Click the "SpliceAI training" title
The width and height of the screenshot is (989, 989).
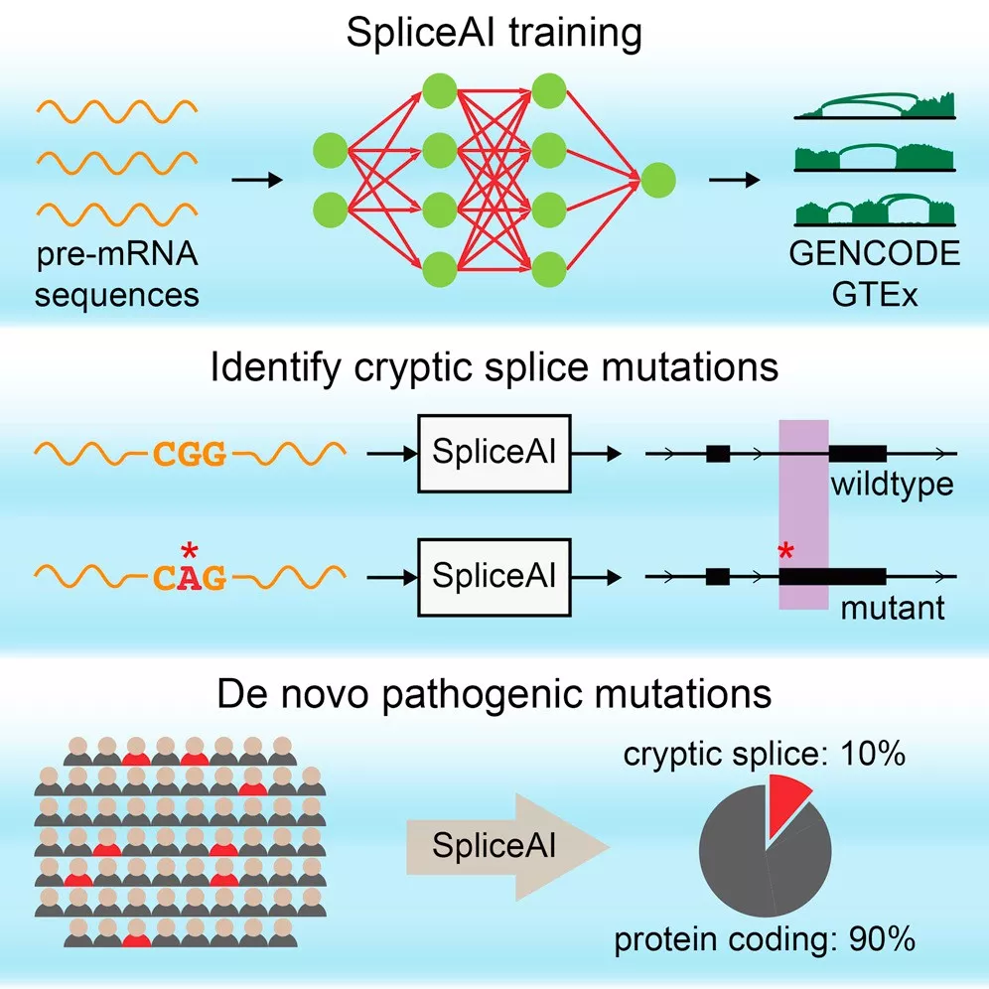(494, 33)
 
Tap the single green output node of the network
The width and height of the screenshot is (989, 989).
(658, 180)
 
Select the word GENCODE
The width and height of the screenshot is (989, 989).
(874, 253)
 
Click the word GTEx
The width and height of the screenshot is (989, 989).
(874, 294)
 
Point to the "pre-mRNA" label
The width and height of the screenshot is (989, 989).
(117, 254)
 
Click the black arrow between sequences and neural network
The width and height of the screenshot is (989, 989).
(257, 180)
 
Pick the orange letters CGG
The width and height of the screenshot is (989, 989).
(190, 454)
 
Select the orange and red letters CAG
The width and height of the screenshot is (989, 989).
(190, 577)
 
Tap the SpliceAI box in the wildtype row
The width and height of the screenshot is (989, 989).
(494, 454)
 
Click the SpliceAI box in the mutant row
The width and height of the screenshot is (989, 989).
(494, 577)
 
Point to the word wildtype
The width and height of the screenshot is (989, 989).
(892, 485)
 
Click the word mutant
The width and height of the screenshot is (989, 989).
(893, 608)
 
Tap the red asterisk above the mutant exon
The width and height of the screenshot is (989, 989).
(785, 551)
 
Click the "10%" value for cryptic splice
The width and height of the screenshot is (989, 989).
(873, 754)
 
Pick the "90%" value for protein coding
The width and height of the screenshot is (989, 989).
(882, 939)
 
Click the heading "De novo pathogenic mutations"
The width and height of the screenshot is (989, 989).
(494, 694)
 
